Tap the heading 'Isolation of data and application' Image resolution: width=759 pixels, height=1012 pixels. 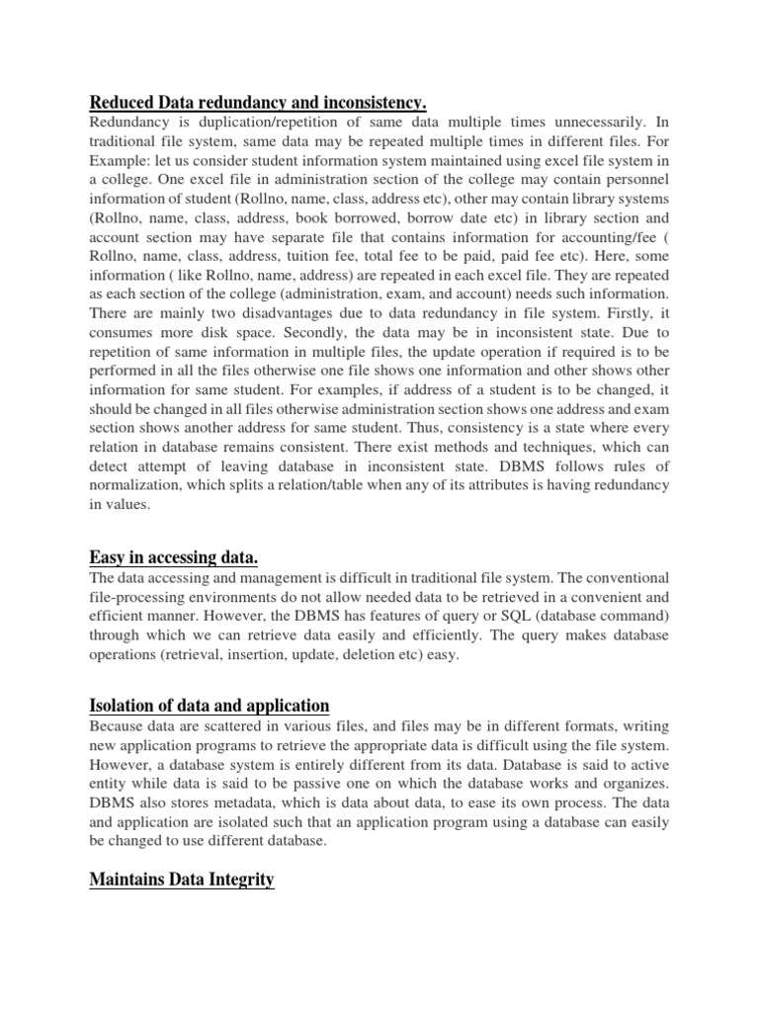click(x=210, y=705)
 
